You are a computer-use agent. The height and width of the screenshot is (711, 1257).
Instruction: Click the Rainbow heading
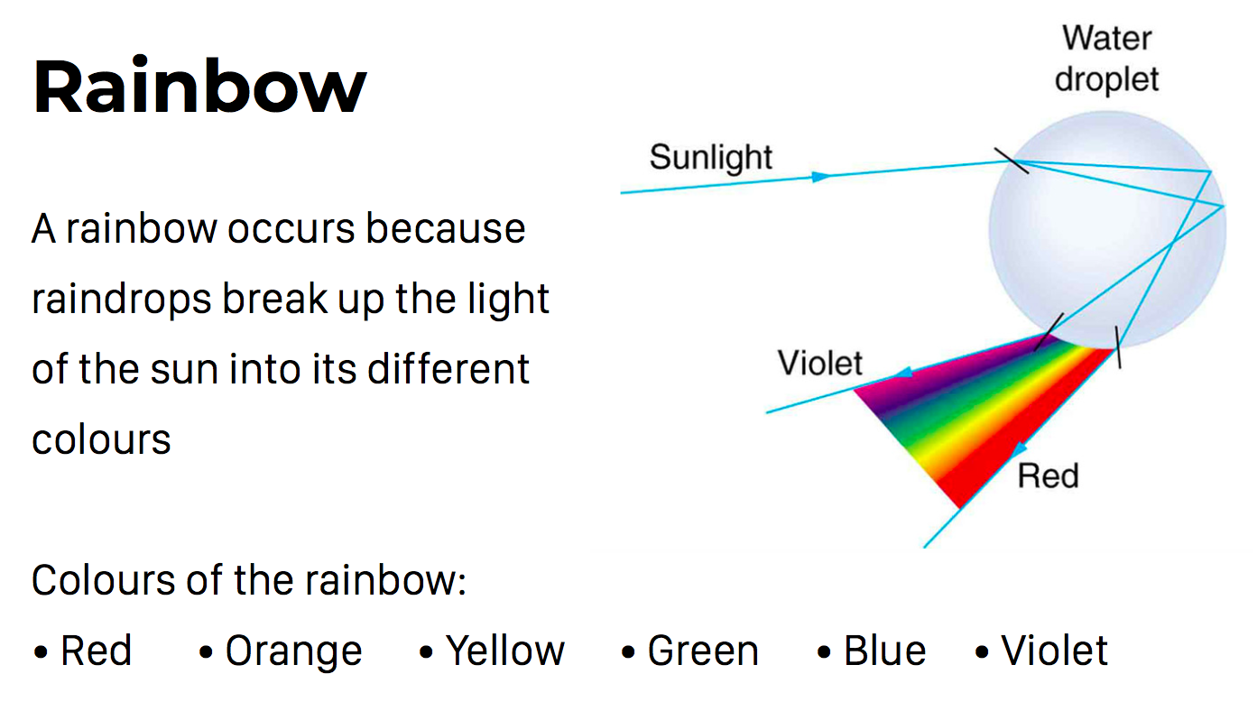199,86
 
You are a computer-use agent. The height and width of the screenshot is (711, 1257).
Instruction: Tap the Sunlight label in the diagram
711,158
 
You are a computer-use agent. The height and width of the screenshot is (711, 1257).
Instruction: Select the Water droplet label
1106,60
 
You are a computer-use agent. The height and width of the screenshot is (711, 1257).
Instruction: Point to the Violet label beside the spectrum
820,363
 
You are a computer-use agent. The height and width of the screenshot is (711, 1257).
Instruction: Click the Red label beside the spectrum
1049,476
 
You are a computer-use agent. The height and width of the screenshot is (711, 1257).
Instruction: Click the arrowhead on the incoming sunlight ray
821,177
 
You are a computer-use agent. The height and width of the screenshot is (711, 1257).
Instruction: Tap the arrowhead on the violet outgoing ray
902,373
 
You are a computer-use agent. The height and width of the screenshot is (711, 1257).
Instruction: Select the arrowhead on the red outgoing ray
1019,448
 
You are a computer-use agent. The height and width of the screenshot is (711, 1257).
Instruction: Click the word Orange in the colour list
293,652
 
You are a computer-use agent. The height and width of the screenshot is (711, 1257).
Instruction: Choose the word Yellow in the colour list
505,651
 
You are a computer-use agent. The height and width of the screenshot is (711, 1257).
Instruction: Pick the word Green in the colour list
703,651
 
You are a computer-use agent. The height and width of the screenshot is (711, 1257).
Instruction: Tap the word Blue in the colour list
885,651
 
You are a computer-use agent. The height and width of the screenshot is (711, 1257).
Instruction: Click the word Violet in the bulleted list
1055,651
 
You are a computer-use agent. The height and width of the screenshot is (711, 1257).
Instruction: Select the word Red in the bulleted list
96,651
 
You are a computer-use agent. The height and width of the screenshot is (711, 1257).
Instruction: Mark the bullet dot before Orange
206,652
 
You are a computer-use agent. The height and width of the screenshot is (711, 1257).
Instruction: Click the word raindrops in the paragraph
122,300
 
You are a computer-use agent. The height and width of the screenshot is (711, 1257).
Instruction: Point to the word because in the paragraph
446,229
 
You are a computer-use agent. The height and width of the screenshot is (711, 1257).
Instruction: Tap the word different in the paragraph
448,369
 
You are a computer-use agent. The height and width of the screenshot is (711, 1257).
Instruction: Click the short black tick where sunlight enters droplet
1012,161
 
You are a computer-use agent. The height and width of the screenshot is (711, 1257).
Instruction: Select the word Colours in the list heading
103,580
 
